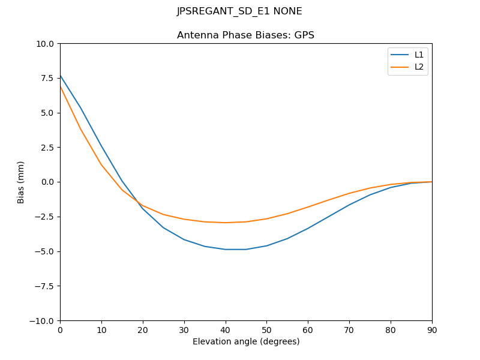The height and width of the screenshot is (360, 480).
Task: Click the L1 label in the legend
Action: click(419, 55)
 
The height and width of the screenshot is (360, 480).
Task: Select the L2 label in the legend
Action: click(419, 67)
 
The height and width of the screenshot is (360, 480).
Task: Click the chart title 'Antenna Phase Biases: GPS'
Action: click(245, 35)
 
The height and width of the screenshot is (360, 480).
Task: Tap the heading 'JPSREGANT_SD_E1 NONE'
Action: click(239, 11)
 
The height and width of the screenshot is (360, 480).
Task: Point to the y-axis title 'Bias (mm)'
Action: click(21, 182)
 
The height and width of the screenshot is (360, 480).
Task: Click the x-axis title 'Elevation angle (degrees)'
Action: click(246, 342)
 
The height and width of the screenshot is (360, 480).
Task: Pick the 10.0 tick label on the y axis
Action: click(45, 44)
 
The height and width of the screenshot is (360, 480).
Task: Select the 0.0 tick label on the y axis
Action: click(47, 182)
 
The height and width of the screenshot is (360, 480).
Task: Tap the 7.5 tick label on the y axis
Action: click(47, 79)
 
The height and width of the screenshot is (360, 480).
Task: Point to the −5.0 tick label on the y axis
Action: click(44, 251)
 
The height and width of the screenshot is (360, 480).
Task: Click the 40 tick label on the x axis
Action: click(225, 329)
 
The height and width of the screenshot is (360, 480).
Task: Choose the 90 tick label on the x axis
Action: click(432, 329)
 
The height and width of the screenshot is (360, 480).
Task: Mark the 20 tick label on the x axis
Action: click(143, 329)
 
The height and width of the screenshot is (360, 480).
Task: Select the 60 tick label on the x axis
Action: click(308, 329)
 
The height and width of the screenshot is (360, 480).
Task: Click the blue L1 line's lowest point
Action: click(235, 250)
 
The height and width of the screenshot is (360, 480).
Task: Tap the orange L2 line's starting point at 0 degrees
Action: click(60, 86)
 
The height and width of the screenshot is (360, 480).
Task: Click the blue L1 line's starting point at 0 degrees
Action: click(60, 75)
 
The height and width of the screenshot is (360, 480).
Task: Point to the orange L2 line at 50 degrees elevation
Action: click(266, 218)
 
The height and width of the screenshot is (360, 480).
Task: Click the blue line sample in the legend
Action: click(400, 55)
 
